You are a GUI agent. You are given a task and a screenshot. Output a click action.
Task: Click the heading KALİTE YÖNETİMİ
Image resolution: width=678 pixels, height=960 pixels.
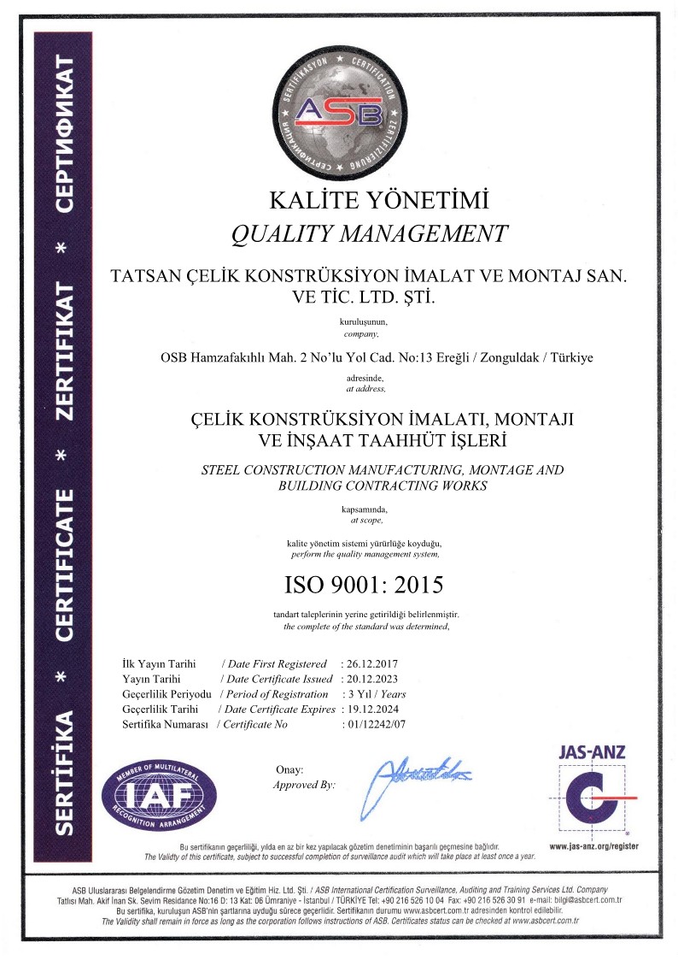[x=379, y=202]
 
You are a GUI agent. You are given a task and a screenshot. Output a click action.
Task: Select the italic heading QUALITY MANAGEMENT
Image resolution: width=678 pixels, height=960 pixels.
[x=371, y=233]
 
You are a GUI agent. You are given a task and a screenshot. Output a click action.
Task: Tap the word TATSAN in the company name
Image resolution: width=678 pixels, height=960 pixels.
[x=143, y=277]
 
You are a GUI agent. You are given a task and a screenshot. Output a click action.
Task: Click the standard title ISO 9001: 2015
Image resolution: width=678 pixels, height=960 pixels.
[x=364, y=585]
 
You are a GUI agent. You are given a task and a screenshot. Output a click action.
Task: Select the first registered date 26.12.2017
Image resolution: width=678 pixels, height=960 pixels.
[x=371, y=663]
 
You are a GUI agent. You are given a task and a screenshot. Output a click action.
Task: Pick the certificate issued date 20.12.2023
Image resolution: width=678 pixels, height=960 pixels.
[x=371, y=679]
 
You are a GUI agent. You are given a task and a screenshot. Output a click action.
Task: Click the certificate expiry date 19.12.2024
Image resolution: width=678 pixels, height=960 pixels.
[x=371, y=709]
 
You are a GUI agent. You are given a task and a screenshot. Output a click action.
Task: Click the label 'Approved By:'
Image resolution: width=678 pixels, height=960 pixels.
[x=304, y=784]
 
